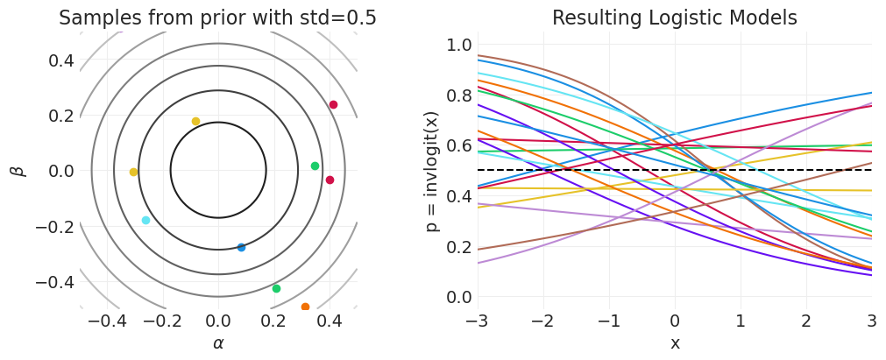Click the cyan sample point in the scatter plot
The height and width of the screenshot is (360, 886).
tap(145, 221)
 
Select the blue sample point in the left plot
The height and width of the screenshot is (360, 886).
tap(242, 248)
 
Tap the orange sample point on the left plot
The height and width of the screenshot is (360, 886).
tap(305, 307)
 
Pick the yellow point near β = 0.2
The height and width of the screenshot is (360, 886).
tap(195, 122)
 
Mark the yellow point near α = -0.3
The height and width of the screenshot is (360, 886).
tap(133, 173)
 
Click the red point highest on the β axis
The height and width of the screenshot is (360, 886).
tap(333, 105)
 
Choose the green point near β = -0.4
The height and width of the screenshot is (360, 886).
tap(276, 289)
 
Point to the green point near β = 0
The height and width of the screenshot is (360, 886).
tap(315, 166)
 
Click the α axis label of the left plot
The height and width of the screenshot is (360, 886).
tap(218, 343)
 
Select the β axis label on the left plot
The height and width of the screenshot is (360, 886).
tap(18, 171)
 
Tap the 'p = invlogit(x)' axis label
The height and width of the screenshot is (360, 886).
tap(432, 171)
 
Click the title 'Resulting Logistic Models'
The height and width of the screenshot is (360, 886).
tap(674, 18)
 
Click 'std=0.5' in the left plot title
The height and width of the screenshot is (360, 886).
tap(343, 18)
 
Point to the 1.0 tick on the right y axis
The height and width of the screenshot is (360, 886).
tap(460, 46)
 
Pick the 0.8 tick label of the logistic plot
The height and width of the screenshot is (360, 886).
tap(460, 95)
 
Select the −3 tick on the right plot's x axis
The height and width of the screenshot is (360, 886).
tap(476, 319)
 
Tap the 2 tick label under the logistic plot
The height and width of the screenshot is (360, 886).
tap(806, 319)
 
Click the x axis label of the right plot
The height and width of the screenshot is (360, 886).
tap(675, 343)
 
